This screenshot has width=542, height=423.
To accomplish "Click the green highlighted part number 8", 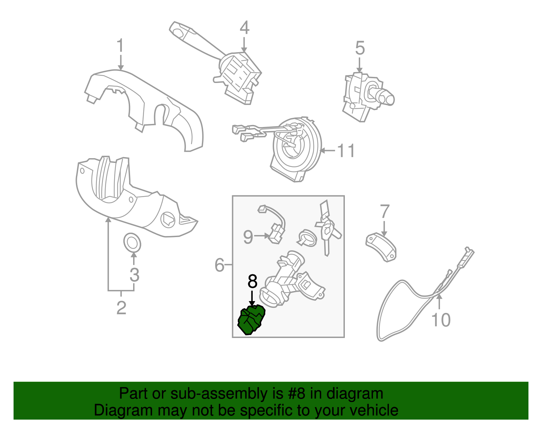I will coord(251,319).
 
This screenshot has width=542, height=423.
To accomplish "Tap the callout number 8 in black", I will coord(252,281).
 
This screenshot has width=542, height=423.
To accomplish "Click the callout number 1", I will coord(120,46).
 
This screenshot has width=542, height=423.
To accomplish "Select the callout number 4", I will coord(244,28).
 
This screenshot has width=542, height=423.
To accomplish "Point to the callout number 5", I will coord(360,48).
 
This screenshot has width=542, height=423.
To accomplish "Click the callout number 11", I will coord(346,151).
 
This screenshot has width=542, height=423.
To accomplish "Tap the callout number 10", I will coord(441,320).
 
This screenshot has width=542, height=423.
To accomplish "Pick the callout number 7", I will coord(384,212).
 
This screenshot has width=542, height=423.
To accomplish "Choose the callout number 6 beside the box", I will coord(220,265).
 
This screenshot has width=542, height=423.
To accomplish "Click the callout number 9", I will coord(248,237).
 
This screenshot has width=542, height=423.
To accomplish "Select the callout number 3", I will coord(134,275).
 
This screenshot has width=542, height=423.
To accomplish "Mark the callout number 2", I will coord(121,308).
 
